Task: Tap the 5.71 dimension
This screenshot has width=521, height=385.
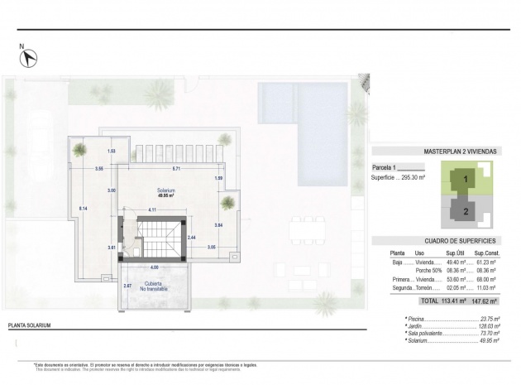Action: [x=176, y=169]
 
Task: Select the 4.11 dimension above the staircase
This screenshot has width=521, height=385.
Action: [x=153, y=209]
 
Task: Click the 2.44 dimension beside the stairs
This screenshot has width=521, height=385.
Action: [x=192, y=238]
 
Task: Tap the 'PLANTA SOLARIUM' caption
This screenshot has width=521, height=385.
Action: [x=29, y=325]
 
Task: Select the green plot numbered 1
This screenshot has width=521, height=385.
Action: [x=466, y=178]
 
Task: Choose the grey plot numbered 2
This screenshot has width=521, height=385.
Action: [x=466, y=211]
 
